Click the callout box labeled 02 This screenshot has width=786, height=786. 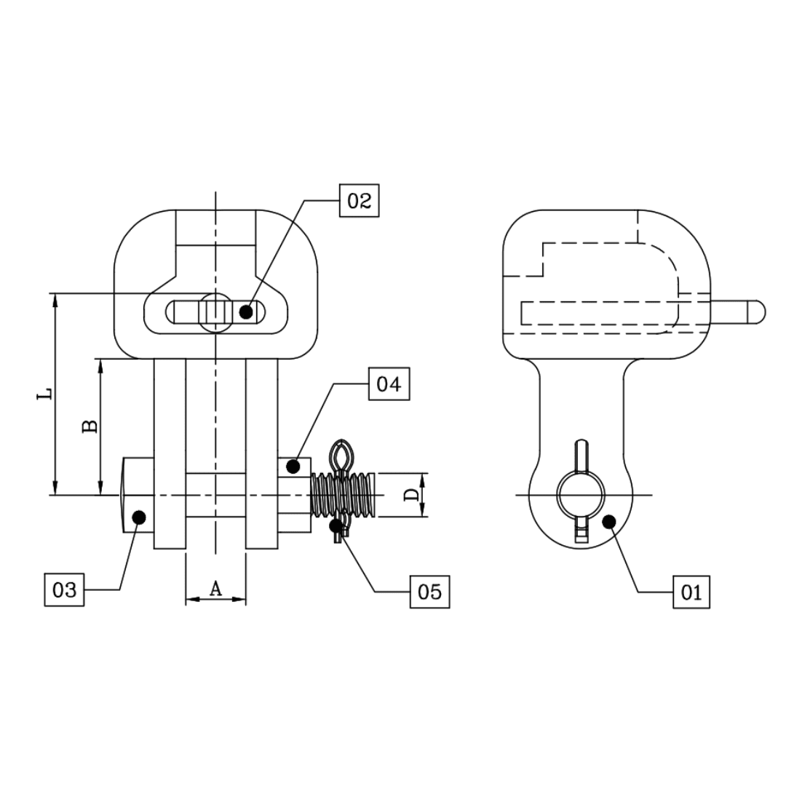(360, 200)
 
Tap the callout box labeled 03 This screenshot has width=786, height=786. (64, 589)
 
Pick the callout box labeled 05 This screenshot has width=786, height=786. (429, 592)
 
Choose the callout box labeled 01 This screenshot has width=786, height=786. (691, 592)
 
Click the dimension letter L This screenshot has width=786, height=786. (46, 394)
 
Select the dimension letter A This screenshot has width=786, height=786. (215, 589)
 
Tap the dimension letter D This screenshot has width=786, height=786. (411, 495)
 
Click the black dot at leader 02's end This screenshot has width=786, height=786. (246, 312)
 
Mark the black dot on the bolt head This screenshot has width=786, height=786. (139, 517)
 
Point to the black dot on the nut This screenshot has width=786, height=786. (293, 466)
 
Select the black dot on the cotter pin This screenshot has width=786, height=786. (336, 524)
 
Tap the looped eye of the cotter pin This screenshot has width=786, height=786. (341, 456)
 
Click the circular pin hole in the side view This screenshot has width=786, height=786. (581, 495)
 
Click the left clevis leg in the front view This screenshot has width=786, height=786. (169, 451)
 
